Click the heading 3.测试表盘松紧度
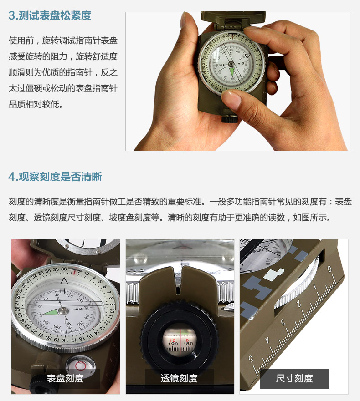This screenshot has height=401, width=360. tap(50, 15)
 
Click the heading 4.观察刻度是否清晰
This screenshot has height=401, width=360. tap(55, 177)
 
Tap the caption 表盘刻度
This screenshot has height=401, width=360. tap(65, 378)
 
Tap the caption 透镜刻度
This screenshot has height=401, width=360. tap(179, 378)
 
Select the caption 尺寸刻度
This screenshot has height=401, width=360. tap(294, 378)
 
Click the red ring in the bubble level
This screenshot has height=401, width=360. tap(81, 365)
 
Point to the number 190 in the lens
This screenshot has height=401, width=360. tap(173, 344)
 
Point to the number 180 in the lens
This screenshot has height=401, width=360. tap(188, 344)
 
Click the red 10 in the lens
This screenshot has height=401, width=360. tap(173, 340)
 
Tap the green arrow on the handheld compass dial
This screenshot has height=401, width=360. tap(232, 71)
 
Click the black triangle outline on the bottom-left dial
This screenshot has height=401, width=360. tap(64, 281)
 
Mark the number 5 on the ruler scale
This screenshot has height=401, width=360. tap(251, 359)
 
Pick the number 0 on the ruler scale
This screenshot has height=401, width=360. tap(329, 269)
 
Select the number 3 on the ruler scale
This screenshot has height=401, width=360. tap(283, 322)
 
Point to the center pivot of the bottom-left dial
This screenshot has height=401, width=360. tap(63, 310)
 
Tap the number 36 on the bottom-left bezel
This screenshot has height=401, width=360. tap(64, 269)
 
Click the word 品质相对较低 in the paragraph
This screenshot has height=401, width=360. tap(36, 104)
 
